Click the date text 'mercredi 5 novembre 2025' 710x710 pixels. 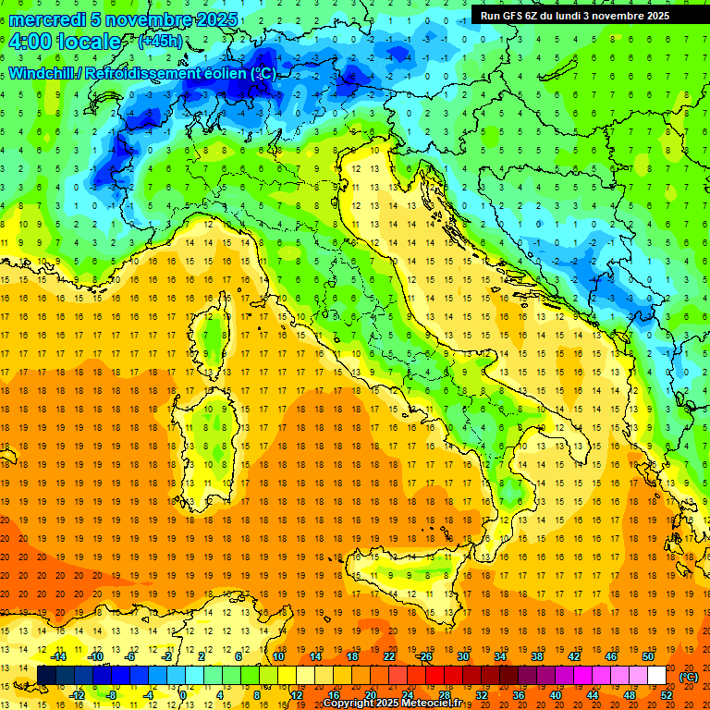[x=123, y=19]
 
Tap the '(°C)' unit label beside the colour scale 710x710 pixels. [x=689, y=676]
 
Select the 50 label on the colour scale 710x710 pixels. [x=647, y=656]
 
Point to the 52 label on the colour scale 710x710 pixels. [x=667, y=695]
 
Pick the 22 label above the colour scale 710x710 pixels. [x=389, y=656]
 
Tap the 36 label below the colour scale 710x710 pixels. [x=519, y=695]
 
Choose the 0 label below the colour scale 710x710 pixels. [x=184, y=695]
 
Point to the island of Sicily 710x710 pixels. [x=407, y=582]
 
